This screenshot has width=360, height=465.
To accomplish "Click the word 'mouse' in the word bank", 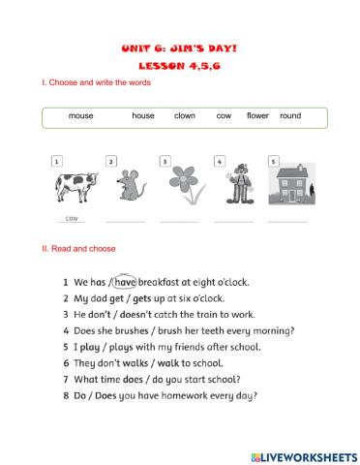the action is pyautogui.click(x=80, y=116).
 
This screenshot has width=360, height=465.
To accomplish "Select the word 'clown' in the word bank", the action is pyautogui.click(x=184, y=116).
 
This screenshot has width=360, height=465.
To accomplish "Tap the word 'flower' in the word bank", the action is pyautogui.click(x=257, y=116).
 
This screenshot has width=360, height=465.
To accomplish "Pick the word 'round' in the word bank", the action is pyautogui.click(x=290, y=116).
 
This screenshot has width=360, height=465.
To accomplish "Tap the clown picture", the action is pyautogui.click(x=232, y=184).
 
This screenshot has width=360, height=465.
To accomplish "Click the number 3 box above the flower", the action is pyautogui.click(x=165, y=161).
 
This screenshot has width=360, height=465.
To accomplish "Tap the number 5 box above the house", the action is pyautogui.click(x=273, y=161).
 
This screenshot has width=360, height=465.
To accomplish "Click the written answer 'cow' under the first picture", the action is pyautogui.click(x=72, y=218).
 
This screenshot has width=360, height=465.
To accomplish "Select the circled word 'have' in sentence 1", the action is pyautogui.click(x=126, y=282).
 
